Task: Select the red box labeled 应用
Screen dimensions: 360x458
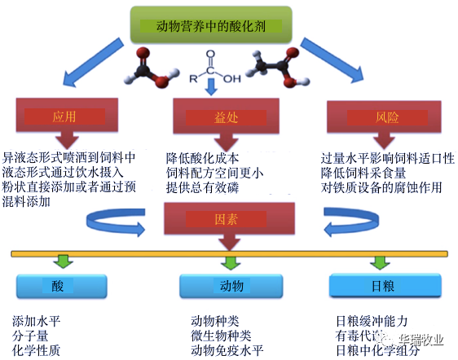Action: point(64,117)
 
